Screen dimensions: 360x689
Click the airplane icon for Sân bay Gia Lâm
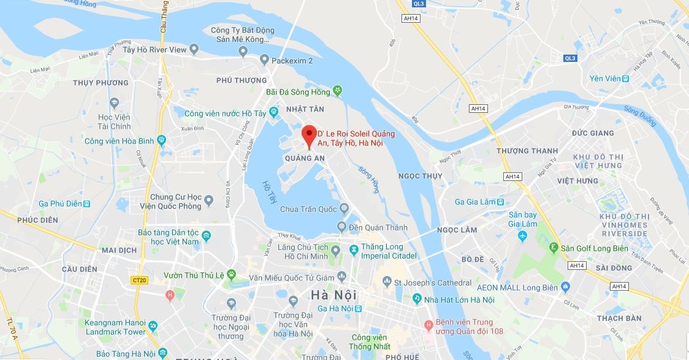523,236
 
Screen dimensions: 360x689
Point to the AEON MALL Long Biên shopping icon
565,288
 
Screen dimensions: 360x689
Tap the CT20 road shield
139,280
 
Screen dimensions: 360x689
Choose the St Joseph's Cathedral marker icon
387,283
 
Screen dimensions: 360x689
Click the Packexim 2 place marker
265,60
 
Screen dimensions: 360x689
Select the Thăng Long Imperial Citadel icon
354,250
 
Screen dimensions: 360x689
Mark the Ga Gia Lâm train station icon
500,202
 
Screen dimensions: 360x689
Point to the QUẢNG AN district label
305,158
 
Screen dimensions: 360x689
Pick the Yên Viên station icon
625,79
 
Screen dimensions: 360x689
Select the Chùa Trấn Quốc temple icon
344,209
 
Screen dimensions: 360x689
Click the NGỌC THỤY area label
420,177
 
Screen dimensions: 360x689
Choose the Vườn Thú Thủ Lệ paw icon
231,274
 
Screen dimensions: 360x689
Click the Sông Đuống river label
639,116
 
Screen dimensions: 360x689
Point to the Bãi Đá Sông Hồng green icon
337,91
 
